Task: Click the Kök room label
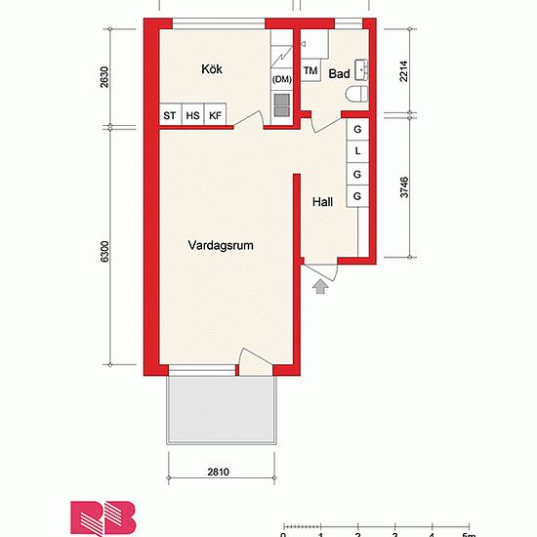(212, 69)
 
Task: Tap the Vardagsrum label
(221, 245)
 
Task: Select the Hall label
(322, 202)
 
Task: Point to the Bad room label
(339, 73)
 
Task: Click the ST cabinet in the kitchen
(170, 114)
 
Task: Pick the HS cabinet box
(192, 114)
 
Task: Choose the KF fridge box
(215, 114)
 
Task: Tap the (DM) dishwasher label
(282, 79)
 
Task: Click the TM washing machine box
(310, 70)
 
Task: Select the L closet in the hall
(357, 151)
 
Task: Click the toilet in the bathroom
(357, 94)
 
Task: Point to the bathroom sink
(361, 70)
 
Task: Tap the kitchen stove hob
(282, 104)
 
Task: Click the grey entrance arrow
(320, 286)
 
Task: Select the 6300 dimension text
(104, 252)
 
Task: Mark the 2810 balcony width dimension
(218, 472)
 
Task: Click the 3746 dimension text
(404, 187)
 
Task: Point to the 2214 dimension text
(404, 71)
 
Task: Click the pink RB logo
(103, 517)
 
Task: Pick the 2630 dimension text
(104, 77)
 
